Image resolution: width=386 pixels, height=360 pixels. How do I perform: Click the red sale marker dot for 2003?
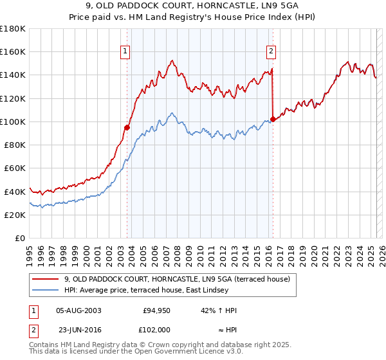(127, 127)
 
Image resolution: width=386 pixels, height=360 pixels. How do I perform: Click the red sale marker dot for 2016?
(273, 119)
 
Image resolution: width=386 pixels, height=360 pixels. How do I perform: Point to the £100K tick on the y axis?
(13, 122)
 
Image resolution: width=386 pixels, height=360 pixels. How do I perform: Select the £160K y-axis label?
(13, 52)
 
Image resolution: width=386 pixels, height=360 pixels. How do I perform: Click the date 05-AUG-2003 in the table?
(78, 310)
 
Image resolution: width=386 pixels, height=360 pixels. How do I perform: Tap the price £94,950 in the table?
(156, 310)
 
